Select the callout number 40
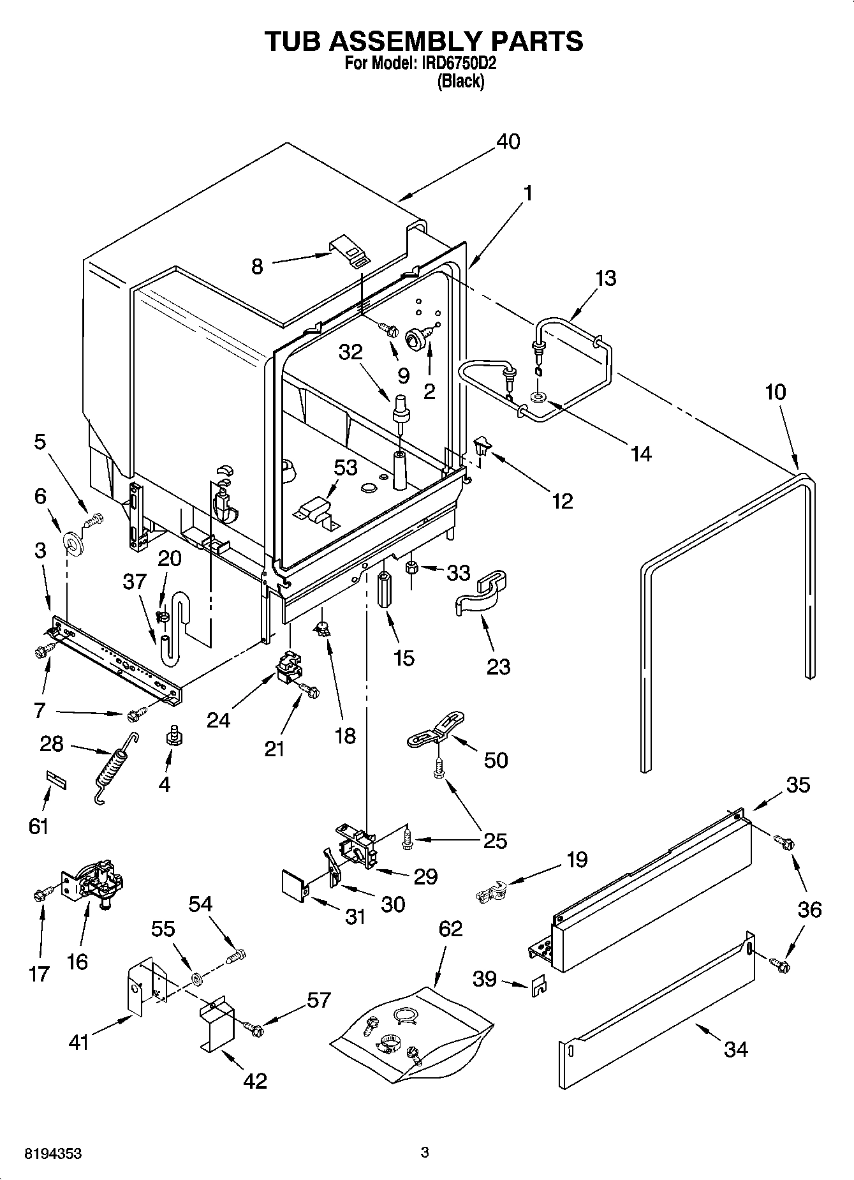point(508,141)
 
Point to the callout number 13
point(606,278)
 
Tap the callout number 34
point(735,1049)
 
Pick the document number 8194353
point(53,1154)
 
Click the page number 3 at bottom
point(425,1153)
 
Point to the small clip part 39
point(540,987)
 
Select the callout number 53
point(345,467)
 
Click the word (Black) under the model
point(460,82)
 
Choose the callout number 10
point(775,392)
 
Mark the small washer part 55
point(196,978)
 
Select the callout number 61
point(38,826)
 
